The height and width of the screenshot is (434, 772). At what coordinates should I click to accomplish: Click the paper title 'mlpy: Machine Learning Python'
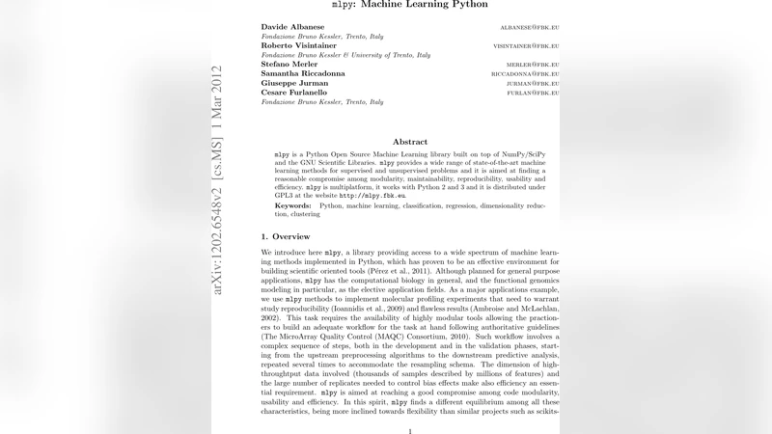(x=410, y=5)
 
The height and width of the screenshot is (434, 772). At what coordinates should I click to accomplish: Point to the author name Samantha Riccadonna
(x=308, y=73)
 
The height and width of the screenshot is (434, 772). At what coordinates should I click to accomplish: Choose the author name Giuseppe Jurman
(x=296, y=83)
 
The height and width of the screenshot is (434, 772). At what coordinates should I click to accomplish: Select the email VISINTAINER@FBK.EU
(x=526, y=45)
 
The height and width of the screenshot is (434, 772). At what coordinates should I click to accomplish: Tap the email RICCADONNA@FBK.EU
(x=526, y=74)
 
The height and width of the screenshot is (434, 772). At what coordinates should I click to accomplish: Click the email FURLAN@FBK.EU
(x=534, y=93)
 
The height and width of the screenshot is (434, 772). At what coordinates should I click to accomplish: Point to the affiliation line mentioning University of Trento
(x=343, y=54)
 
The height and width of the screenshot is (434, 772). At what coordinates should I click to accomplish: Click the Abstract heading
(x=410, y=142)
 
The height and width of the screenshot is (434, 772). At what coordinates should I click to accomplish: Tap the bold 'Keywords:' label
(x=293, y=205)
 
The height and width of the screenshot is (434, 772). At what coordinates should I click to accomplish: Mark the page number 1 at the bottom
(x=410, y=431)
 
